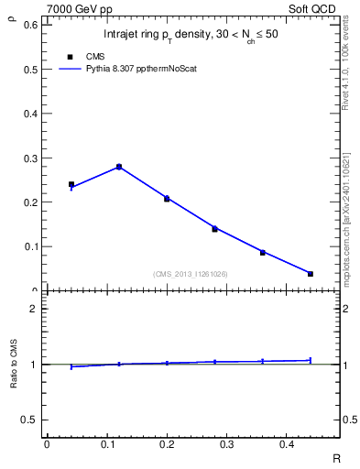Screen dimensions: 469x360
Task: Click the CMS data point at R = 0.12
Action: tap(119, 167)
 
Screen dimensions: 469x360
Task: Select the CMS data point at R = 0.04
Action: tap(71, 184)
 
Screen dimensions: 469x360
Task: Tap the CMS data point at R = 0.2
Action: tap(167, 199)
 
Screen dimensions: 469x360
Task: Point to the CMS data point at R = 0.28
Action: tap(214, 229)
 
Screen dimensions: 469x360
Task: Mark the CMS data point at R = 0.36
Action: tap(262, 252)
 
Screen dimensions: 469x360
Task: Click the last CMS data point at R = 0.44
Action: tap(311, 274)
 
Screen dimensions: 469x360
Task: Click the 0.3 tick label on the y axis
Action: tap(30, 158)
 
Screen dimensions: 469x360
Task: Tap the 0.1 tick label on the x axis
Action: tap(106, 444)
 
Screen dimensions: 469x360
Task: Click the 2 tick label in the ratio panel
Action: tap(35, 309)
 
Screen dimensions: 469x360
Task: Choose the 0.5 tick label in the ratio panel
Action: tap(30, 420)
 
